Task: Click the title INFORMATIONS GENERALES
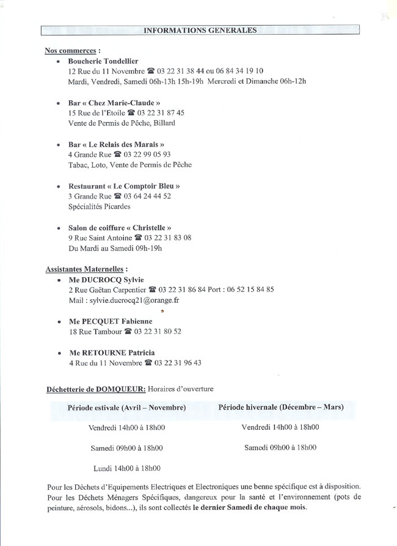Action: pyautogui.click(x=200, y=30)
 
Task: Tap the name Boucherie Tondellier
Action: pyautogui.click(x=103, y=61)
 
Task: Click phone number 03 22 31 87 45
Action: pyautogui.click(x=161, y=113)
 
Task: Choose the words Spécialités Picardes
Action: pyautogui.click(x=99, y=206)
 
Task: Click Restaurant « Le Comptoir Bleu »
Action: pyautogui.click(x=124, y=186)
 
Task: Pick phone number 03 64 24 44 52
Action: pyautogui.click(x=147, y=196)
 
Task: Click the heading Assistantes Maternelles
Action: pyautogui.click(x=87, y=269)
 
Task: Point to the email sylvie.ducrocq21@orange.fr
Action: pyautogui.click(x=133, y=300)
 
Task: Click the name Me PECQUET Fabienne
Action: pyautogui.click(x=110, y=321)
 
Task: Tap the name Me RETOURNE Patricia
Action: pyautogui.click(x=111, y=353)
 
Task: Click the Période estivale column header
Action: pyautogui.click(x=127, y=407)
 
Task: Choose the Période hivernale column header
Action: pyautogui.click(x=280, y=407)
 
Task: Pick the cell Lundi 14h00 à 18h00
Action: pyautogui.click(x=127, y=468)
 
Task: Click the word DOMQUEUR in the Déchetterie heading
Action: pyautogui.click(x=120, y=388)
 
